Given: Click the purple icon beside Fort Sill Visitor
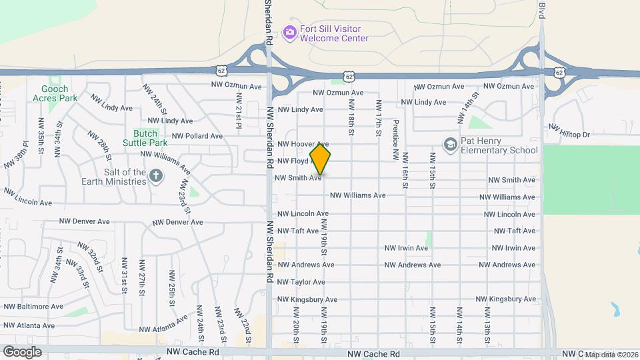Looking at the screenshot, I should click(x=289, y=32).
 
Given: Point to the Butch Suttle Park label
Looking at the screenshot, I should click(x=145, y=137).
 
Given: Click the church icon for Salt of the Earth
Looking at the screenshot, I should click(x=156, y=176).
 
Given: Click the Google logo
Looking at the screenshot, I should click(x=22, y=351).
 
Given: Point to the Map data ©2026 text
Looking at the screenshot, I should click(x=611, y=354).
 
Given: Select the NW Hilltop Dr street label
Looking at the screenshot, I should click(x=570, y=131).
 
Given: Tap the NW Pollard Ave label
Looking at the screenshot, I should click(x=197, y=136).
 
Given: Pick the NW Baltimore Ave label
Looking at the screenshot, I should click(x=33, y=307).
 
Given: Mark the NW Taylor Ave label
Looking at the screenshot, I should click(x=300, y=282).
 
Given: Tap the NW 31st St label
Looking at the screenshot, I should click(x=124, y=273).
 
